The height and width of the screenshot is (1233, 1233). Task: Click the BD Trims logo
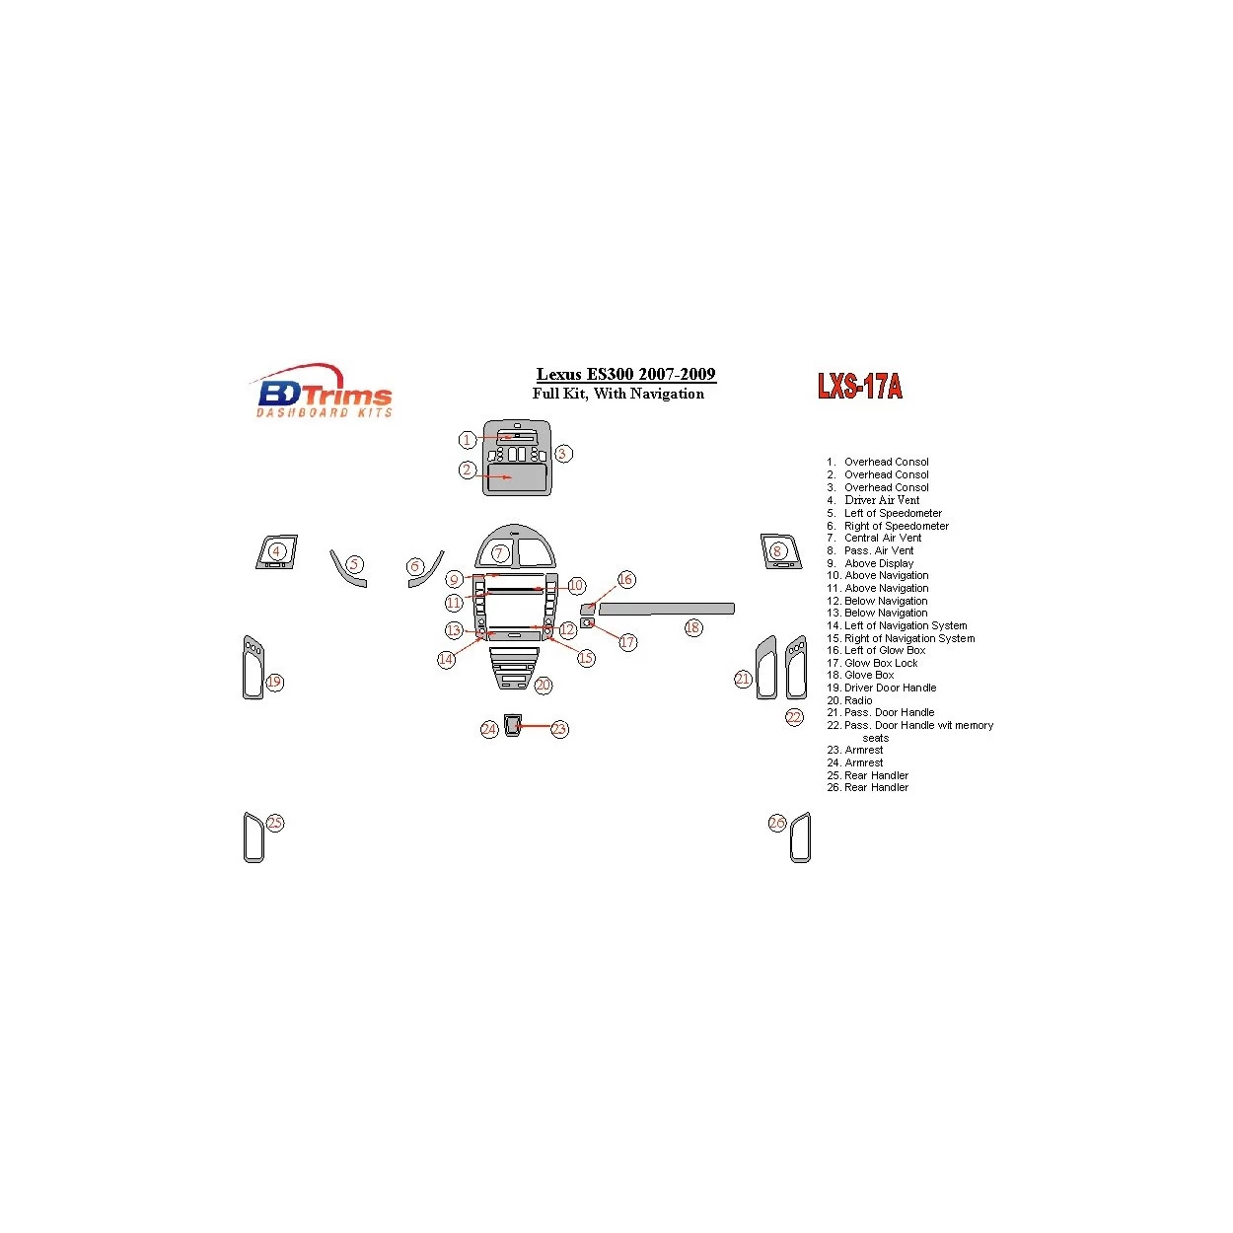(324, 392)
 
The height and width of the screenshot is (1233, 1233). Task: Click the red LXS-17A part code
(859, 386)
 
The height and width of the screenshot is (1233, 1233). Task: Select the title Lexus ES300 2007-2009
(625, 374)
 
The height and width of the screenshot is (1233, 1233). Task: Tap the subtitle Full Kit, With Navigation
(618, 394)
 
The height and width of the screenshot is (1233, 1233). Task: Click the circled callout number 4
(277, 551)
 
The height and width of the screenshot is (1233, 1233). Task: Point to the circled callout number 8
(777, 551)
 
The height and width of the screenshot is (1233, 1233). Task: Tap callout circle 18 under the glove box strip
(693, 627)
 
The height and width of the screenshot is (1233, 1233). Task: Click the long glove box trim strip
(667, 609)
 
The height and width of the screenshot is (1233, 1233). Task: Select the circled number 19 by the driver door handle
(274, 682)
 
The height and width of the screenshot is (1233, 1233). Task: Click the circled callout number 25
(274, 823)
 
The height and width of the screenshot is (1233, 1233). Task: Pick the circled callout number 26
(777, 823)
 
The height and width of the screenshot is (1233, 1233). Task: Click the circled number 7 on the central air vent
(500, 553)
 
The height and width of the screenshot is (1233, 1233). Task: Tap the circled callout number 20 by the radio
(543, 685)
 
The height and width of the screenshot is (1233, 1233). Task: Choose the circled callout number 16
(625, 579)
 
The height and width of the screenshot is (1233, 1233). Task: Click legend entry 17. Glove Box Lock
(872, 663)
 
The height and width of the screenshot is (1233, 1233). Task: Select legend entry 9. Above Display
(870, 563)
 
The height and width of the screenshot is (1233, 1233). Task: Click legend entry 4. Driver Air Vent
(873, 500)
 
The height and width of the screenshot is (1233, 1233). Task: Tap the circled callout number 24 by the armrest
(489, 729)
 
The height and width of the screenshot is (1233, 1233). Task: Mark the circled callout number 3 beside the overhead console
(562, 454)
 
